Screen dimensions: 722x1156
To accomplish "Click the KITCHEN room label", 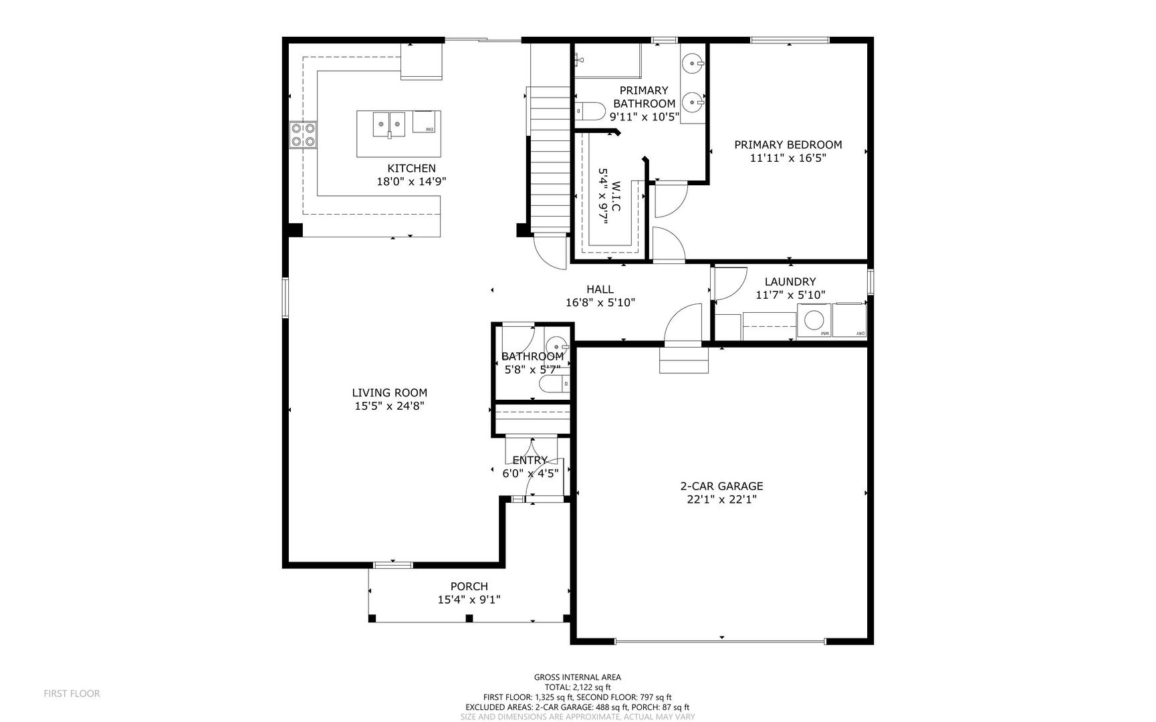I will [411, 168].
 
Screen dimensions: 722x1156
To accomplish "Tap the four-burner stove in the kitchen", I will [303, 135].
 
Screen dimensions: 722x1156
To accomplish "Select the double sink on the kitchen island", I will [389, 124].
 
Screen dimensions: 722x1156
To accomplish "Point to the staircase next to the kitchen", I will [550, 160].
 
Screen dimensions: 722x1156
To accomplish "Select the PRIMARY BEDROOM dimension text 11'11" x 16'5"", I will [788, 158].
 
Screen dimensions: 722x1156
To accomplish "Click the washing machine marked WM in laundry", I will [814, 320].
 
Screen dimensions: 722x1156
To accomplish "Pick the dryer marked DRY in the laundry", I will [849, 320].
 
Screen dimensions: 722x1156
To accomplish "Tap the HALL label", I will [600, 289].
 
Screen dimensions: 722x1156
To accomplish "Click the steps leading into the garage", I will [683, 360].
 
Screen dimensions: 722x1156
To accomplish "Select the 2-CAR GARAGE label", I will [721, 487].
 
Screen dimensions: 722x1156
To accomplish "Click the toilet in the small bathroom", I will [554, 384].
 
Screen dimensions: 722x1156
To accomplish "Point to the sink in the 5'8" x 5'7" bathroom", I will [556, 346].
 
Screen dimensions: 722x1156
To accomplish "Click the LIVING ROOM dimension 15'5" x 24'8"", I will [389, 406].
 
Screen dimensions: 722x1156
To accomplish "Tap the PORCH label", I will [469, 586].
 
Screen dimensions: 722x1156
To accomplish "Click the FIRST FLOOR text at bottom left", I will [72, 694].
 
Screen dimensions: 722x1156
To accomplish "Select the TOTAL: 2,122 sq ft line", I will [577, 687].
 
